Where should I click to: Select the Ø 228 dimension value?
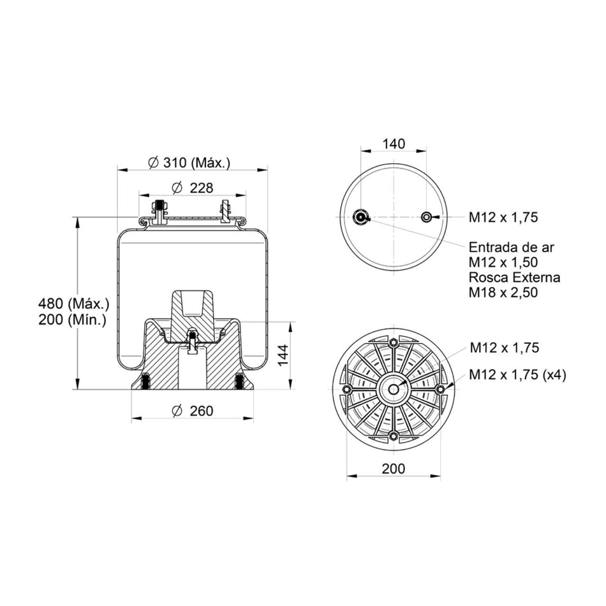pyautogui.click(x=192, y=188)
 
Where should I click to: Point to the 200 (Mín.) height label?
pyautogui.click(x=73, y=320)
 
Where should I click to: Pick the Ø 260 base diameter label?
pyautogui.click(x=192, y=411)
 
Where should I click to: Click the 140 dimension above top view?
pyautogui.click(x=394, y=144)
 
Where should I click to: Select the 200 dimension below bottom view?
pyautogui.click(x=394, y=469)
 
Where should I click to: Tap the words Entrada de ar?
pyautogui.click(x=512, y=247)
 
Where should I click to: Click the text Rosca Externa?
pyautogui.click(x=514, y=277)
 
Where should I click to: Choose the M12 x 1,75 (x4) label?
pyautogui.click(x=517, y=375)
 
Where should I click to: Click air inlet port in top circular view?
pyautogui.click(x=362, y=218)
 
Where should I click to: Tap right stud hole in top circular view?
pyautogui.click(x=426, y=218)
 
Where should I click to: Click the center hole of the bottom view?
pyautogui.click(x=394, y=389)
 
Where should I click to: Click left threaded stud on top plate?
pyautogui.click(x=158, y=211)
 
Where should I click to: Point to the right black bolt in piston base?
pyautogui.click(x=239, y=381)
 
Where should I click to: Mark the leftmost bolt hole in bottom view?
pyautogui.click(x=347, y=389)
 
